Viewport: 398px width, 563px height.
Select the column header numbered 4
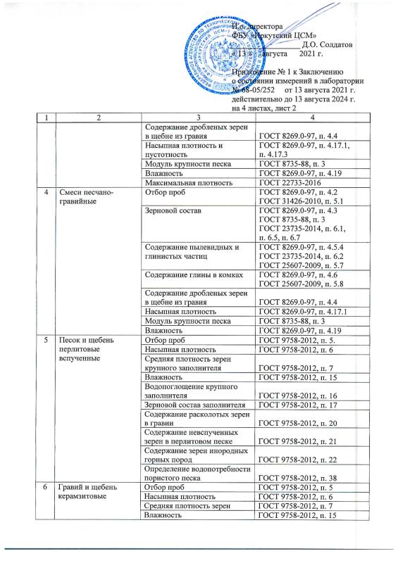[x=313, y=116]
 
